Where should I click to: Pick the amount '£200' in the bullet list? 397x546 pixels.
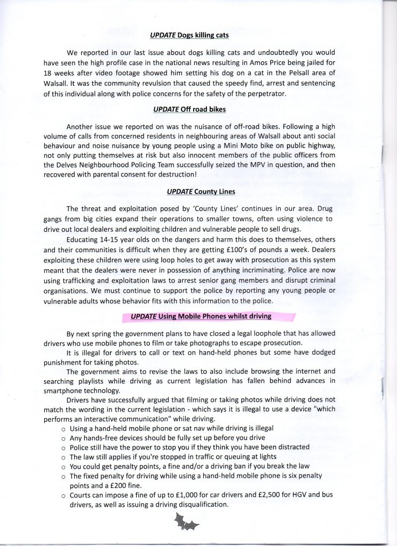tap(142, 485)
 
